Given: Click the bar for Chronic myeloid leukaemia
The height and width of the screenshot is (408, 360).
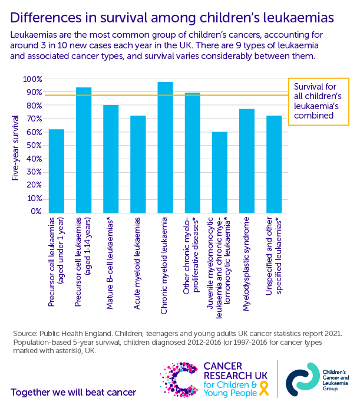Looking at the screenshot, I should (165, 147).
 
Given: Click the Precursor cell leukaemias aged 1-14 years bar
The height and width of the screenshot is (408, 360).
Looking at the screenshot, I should (84, 150).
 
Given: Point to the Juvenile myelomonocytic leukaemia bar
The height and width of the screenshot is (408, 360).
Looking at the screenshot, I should (220, 172).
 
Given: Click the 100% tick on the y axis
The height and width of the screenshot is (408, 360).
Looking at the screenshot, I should (32, 79).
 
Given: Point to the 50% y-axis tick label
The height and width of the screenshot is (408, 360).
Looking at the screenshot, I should (34, 146).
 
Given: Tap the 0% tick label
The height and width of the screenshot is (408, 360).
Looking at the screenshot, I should (37, 212).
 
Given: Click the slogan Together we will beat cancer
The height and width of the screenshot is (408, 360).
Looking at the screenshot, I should (73, 391).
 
